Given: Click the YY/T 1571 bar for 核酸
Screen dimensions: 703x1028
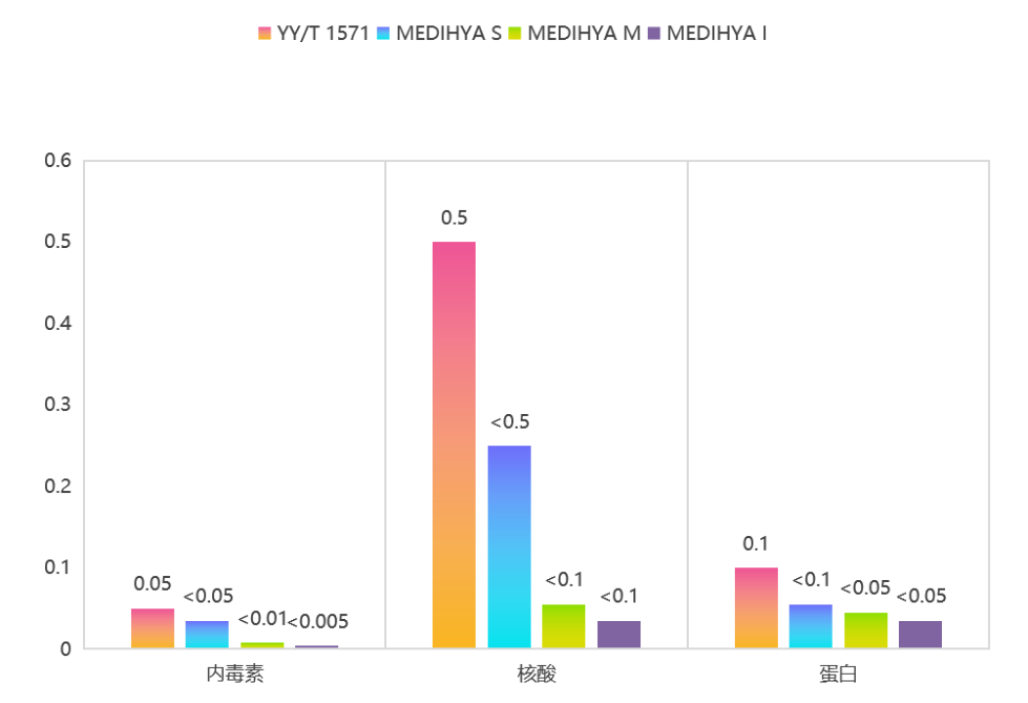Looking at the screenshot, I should pyautogui.click(x=453, y=444).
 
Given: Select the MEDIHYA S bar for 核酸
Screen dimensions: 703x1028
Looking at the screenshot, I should pyautogui.click(x=509, y=547).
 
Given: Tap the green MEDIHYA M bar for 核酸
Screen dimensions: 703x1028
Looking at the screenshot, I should pyautogui.click(x=564, y=626).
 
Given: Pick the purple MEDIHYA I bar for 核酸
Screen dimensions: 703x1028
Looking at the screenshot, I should pyautogui.click(x=619, y=634).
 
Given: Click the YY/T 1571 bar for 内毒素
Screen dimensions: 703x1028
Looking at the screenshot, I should pyautogui.click(x=152, y=628).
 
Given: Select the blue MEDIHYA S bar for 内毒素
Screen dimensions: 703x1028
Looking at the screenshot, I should pyautogui.click(x=207, y=634).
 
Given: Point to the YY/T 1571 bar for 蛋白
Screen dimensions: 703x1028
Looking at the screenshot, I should pyautogui.click(x=756, y=607).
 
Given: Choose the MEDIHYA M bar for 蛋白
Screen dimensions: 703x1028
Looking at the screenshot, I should pyautogui.click(x=866, y=630).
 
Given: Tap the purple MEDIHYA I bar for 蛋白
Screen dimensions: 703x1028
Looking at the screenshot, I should pyautogui.click(x=921, y=634).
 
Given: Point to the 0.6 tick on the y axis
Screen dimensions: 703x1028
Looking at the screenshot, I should pyautogui.click(x=59, y=160).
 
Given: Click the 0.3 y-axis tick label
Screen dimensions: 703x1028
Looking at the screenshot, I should pyautogui.click(x=59, y=404).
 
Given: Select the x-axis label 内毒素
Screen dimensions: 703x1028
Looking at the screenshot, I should pyautogui.click(x=235, y=674).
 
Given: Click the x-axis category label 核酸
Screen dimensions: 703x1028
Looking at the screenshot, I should pyautogui.click(x=536, y=674).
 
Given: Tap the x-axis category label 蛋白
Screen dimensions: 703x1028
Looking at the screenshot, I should pyautogui.click(x=838, y=674).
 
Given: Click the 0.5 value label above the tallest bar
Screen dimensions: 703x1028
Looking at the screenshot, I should pyautogui.click(x=453, y=218).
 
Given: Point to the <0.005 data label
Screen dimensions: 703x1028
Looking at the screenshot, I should pyautogui.click(x=318, y=621).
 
